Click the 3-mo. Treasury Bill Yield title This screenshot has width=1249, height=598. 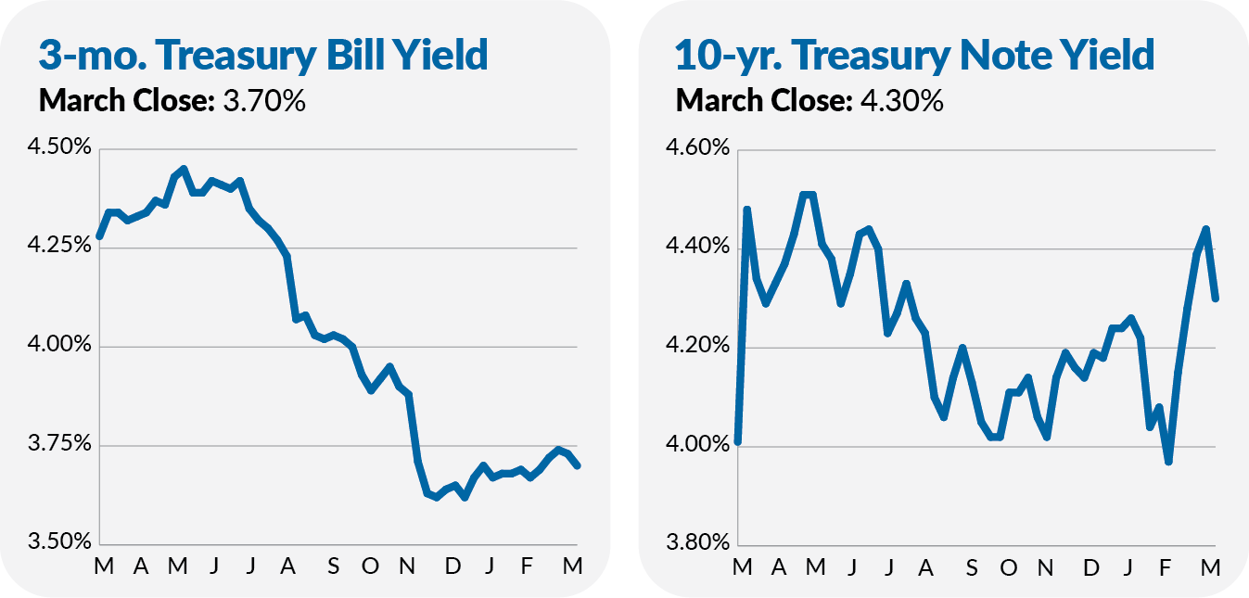263,56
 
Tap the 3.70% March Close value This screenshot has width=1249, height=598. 264,100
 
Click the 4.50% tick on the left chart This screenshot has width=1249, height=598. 57,149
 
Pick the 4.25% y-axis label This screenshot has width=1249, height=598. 57,247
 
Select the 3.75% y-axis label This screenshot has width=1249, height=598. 57,445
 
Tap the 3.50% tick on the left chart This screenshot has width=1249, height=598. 57,543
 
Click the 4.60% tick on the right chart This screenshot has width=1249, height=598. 695,149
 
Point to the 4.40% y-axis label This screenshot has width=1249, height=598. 695,248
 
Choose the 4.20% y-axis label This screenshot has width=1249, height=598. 695,347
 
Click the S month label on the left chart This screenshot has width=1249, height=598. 333,566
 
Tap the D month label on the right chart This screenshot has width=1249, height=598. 1091,566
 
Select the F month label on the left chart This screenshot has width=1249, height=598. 528,566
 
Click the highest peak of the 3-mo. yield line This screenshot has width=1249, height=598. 184,169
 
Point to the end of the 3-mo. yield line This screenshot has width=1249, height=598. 578,465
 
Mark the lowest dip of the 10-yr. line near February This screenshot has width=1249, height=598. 1169,461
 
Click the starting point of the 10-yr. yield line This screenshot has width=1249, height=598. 737,441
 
